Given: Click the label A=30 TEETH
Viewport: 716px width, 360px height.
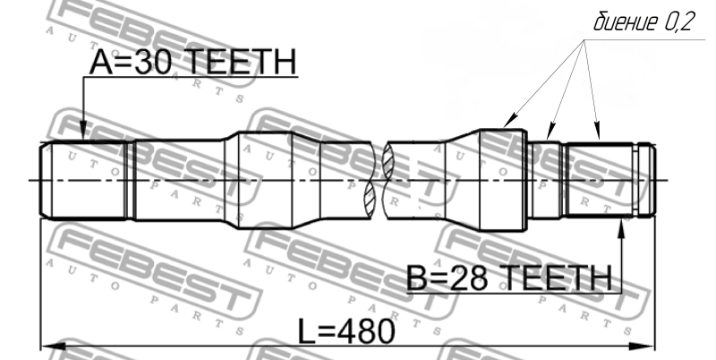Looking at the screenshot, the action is (x=192, y=62).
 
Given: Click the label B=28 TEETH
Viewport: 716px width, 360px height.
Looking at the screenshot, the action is (x=508, y=278).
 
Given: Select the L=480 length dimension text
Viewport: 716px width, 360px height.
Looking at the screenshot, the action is (x=346, y=331).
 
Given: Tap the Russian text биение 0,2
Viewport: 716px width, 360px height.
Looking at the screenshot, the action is (x=644, y=21).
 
